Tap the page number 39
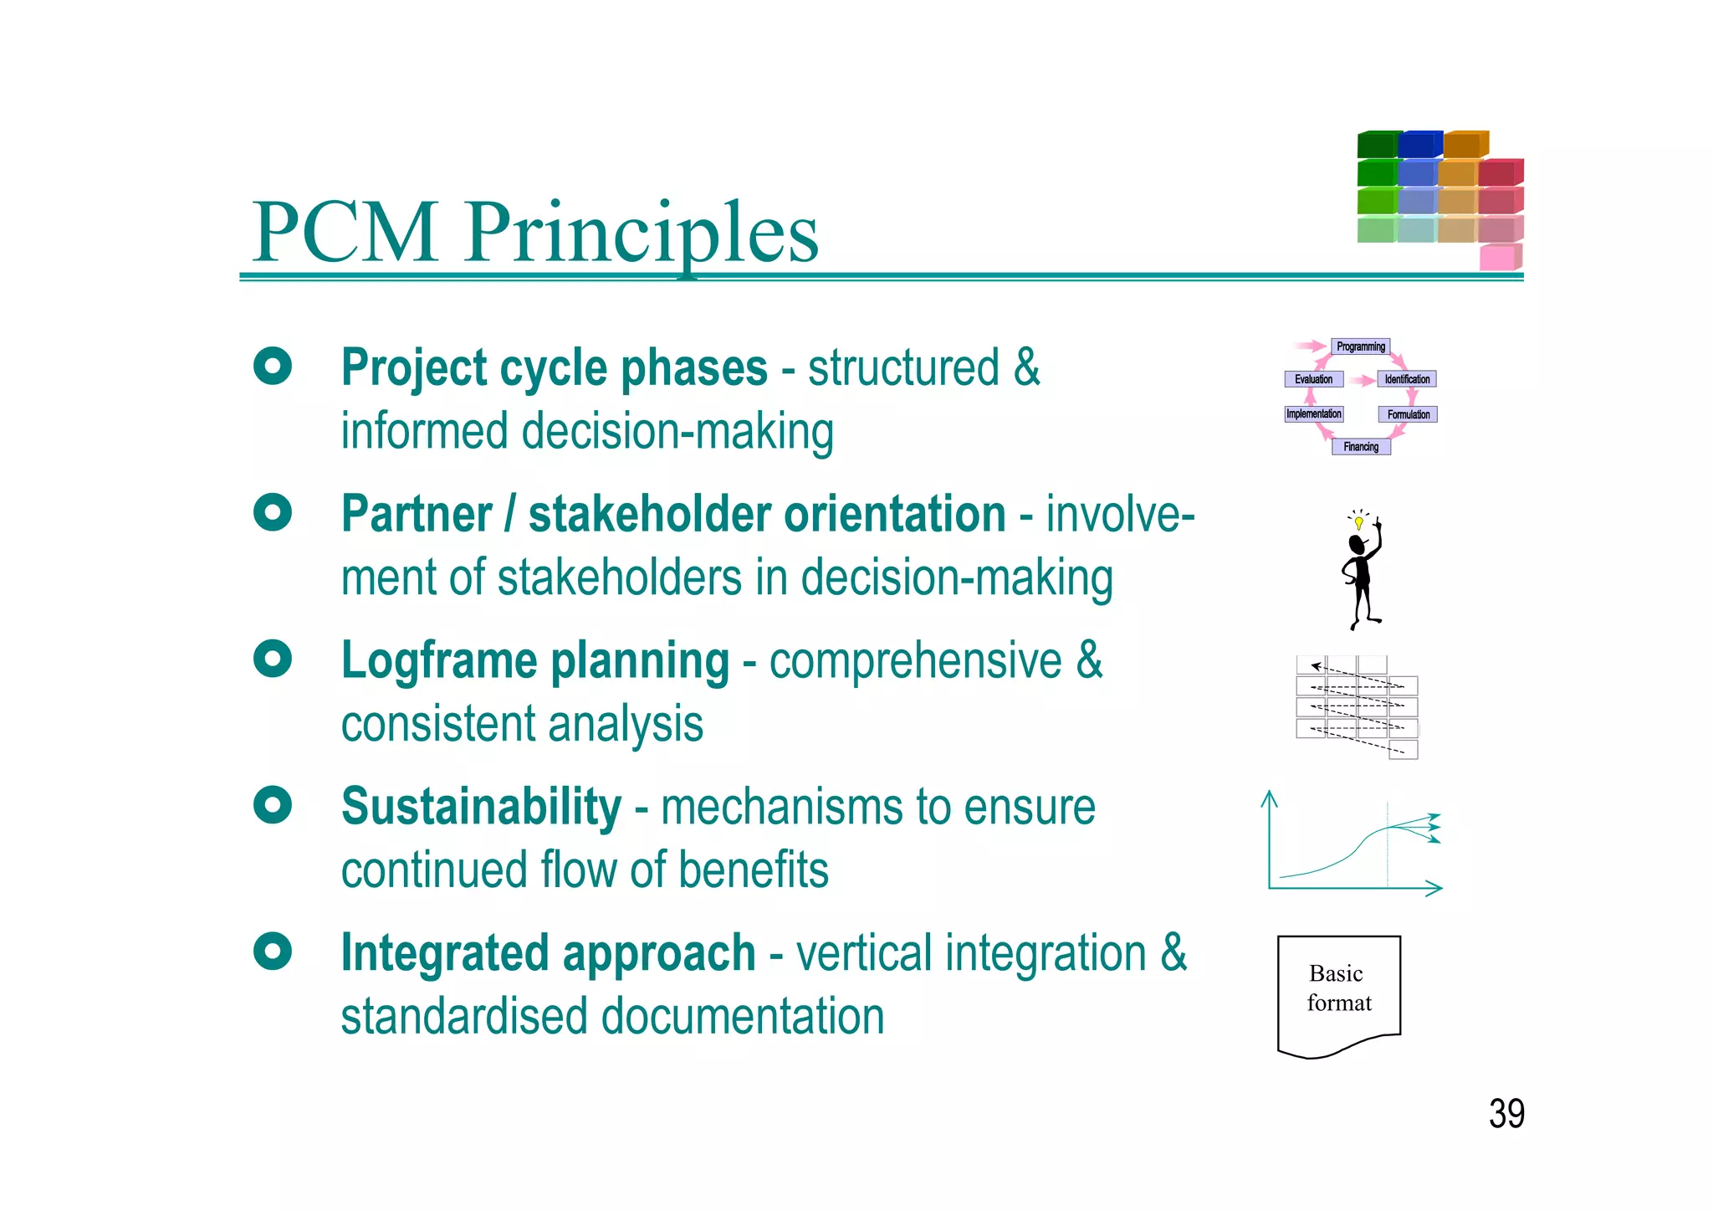pos(1506,1114)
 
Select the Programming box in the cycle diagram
pos(1360,346)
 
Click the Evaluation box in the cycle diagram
pos(1313,379)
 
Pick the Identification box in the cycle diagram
pos(1407,379)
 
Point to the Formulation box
pos(1408,414)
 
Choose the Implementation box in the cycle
pos(1313,414)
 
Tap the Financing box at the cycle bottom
pos(1361,447)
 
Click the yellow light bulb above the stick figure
pos(1359,523)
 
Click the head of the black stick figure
pos(1357,545)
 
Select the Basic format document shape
pos(1338,992)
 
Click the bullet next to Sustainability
pos(273,805)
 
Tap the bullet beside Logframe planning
pos(273,659)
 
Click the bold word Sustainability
pos(481,807)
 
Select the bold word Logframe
pos(439,660)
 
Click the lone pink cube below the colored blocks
pos(1498,257)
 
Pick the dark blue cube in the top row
pos(1418,145)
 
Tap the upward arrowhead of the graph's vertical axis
pos(1269,797)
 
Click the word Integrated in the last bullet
pos(444,953)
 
